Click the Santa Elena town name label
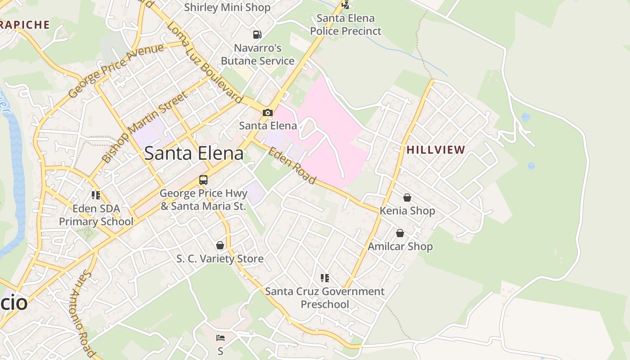[x=194, y=153]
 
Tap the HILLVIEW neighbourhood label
[x=436, y=150]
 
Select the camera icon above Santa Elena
[x=268, y=112]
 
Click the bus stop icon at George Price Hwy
[x=203, y=180]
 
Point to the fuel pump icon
[x=257, y=34]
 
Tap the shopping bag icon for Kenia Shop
[x=407, y=198]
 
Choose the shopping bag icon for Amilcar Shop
[x=400, y=233]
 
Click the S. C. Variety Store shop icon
[x=220, y=245]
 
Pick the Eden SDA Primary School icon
[x=96, y=195]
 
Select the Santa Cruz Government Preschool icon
[x=324, y=278]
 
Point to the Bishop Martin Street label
[x=144, y=127]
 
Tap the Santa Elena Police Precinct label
[x=346, y=25]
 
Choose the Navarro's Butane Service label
[x=257, y=54]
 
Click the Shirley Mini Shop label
[x=227, y=7]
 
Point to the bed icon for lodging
[x=220, y=337]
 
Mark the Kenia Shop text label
[x=407, y=211]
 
